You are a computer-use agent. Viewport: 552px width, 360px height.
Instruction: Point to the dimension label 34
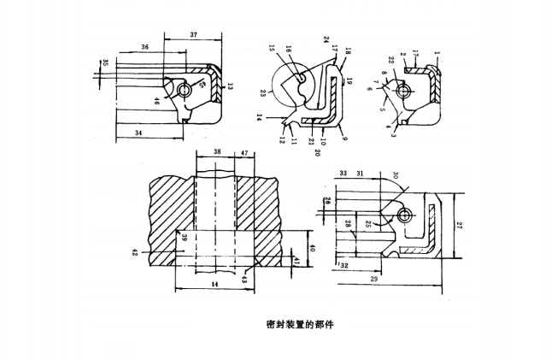[x=139, y=133]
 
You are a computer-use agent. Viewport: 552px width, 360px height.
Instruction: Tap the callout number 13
[x=231, y=86]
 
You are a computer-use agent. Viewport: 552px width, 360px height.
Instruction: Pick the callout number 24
[x=326, y=39]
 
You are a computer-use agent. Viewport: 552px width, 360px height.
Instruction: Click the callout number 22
[x=392, y=59]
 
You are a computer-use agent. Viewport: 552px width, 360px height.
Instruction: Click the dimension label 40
[x=312, y=248]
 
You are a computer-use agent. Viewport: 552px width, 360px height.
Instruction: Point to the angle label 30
[x=396, y=174]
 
